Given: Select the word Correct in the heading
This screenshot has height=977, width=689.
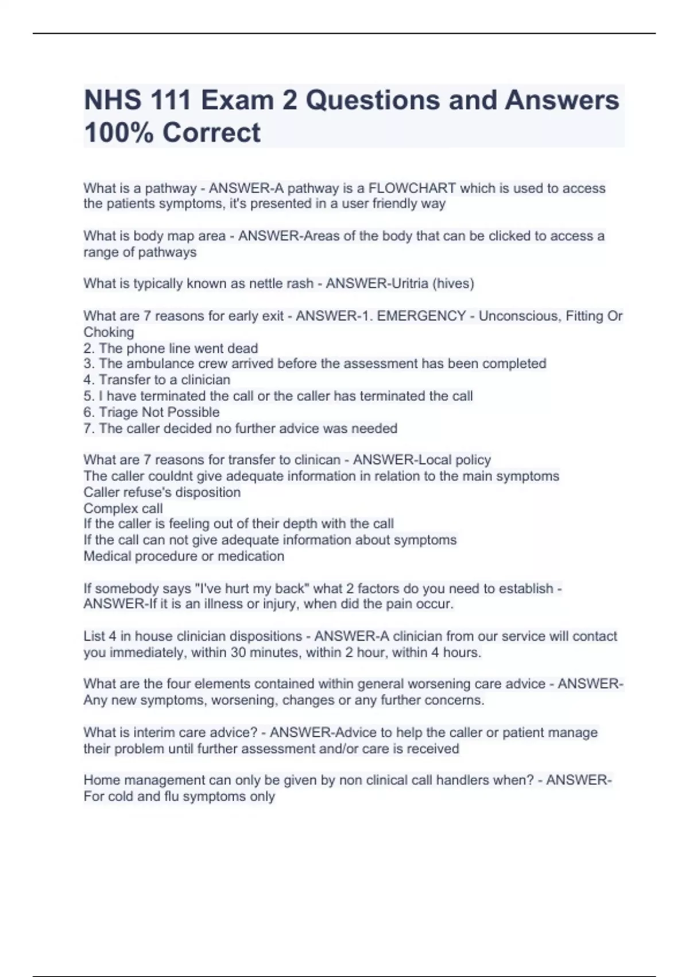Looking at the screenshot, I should (211, 133).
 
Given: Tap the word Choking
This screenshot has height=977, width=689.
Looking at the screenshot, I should (109, 332).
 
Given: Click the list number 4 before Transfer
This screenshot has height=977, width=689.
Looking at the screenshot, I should (88, 380).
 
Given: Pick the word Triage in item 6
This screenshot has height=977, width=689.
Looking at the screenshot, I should (118, 412).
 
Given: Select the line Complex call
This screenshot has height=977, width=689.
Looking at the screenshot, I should (123, 509).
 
